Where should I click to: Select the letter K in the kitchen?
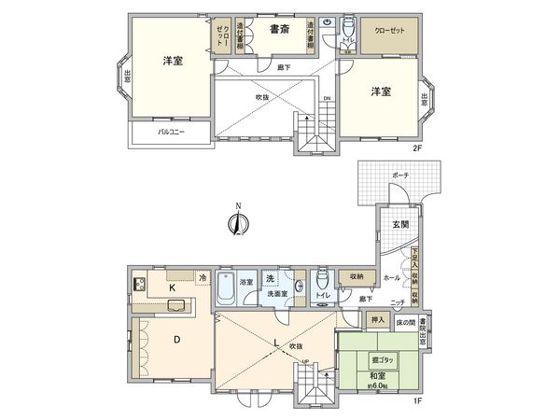point(172,289)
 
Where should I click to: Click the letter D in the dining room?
point(175,340)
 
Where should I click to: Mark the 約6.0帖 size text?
point(378,385)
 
